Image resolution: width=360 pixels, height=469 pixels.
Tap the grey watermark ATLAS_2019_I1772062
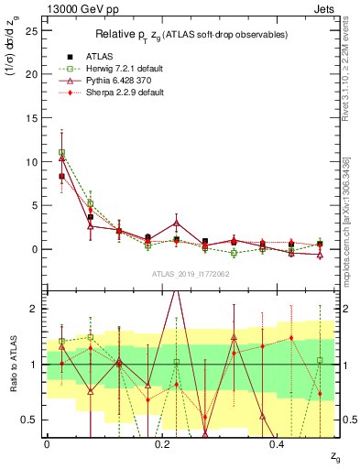(191, 274)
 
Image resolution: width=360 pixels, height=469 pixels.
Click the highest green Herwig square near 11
(61, 153)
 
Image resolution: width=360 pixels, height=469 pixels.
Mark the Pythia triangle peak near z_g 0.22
(176, 223)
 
